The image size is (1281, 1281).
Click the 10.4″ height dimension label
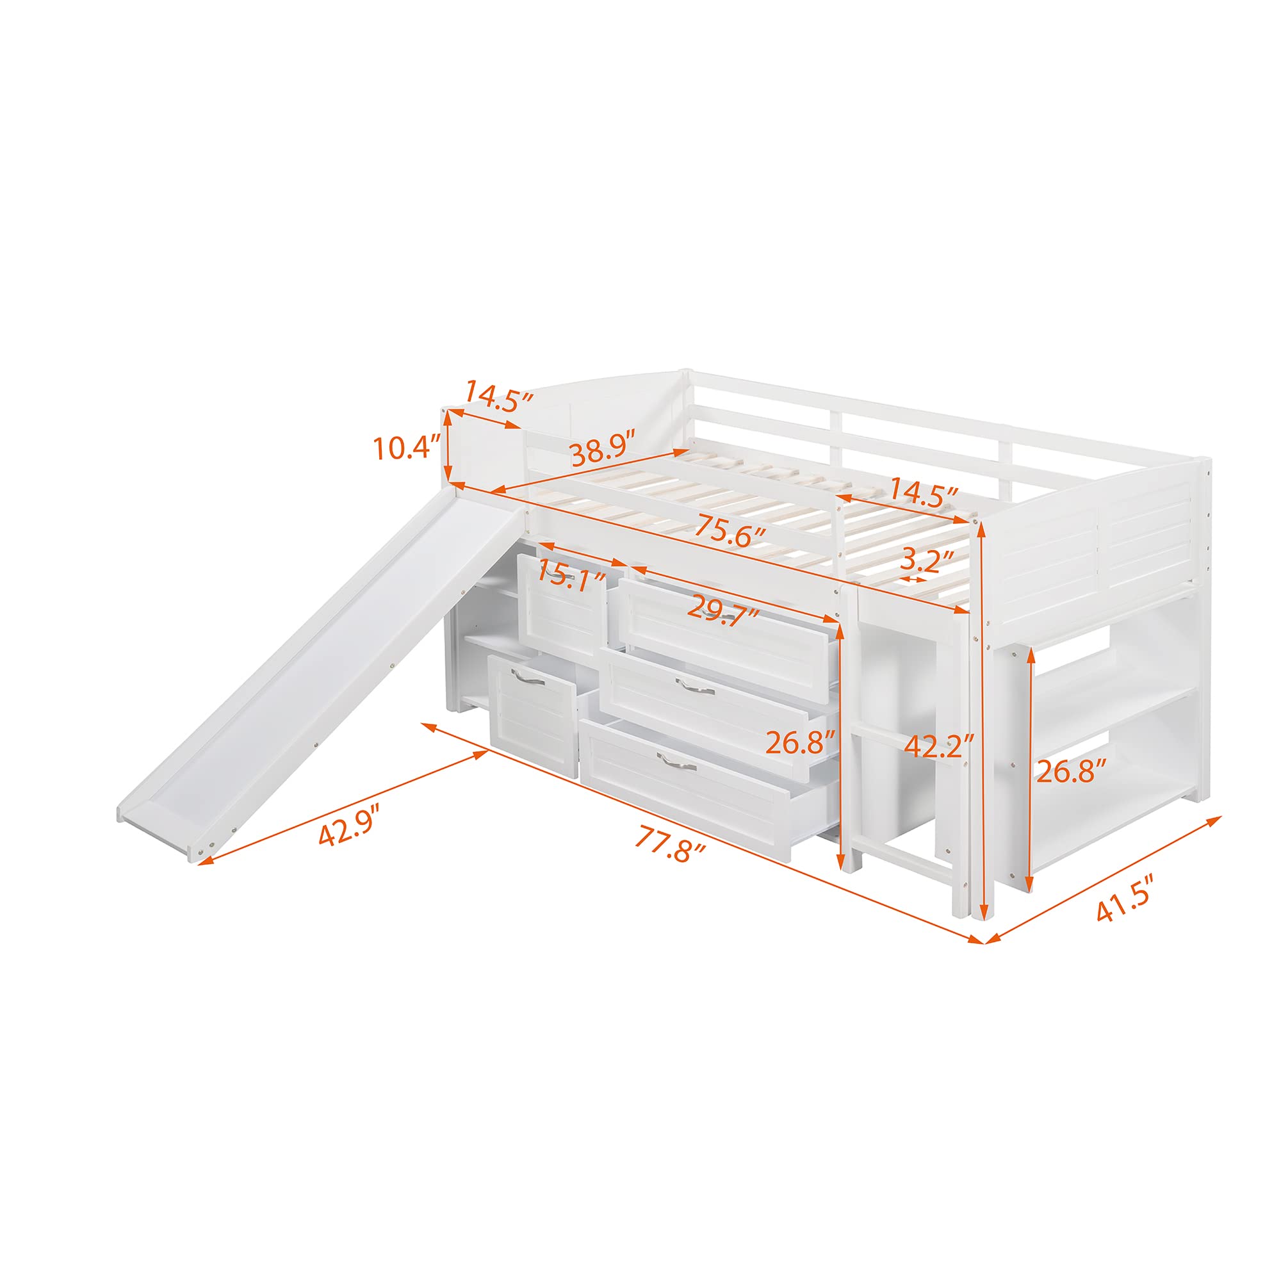pos(407,448)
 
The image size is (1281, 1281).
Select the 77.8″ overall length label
pos(669,843)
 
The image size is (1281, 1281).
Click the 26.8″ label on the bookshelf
pos(1072,771)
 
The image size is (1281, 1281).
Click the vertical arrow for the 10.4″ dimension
pos(448,447)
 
